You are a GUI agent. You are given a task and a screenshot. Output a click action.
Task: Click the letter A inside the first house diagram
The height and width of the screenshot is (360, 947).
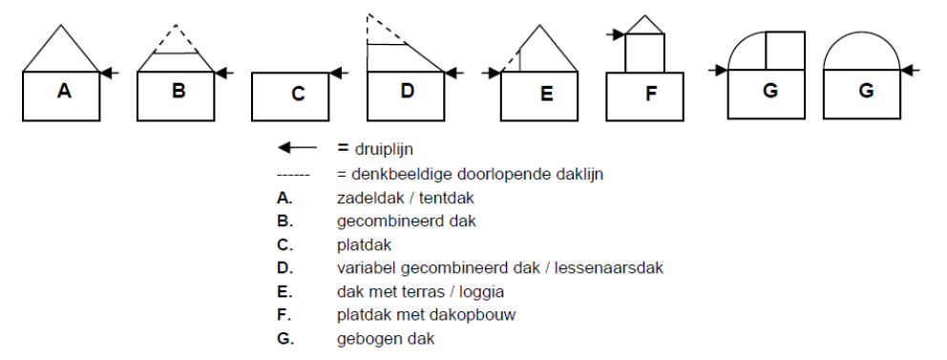[64, 92]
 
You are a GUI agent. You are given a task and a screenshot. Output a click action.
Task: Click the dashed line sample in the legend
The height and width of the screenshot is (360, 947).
[293, 174]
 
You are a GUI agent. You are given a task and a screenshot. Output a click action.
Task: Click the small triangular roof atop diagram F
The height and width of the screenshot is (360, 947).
[645, 24]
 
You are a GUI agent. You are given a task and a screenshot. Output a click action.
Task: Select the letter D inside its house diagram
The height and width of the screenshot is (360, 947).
[408, 92]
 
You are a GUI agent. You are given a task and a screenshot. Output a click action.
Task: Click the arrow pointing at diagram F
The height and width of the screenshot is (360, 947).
[616, 35]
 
